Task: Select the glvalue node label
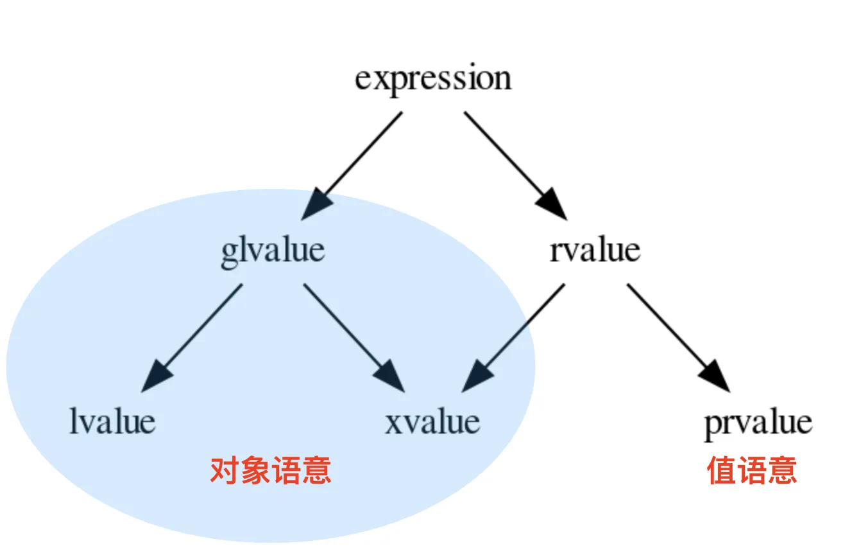(x=273, y=250)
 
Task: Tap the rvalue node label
(x=595, y=250)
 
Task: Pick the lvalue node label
(x=112, y=422)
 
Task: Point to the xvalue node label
(x=432, y=422)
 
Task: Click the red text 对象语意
(x=271, y=471)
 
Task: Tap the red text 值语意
(x=752, y=471)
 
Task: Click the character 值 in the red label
(x=721, y=471)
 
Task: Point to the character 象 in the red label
(x=255, y=471)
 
